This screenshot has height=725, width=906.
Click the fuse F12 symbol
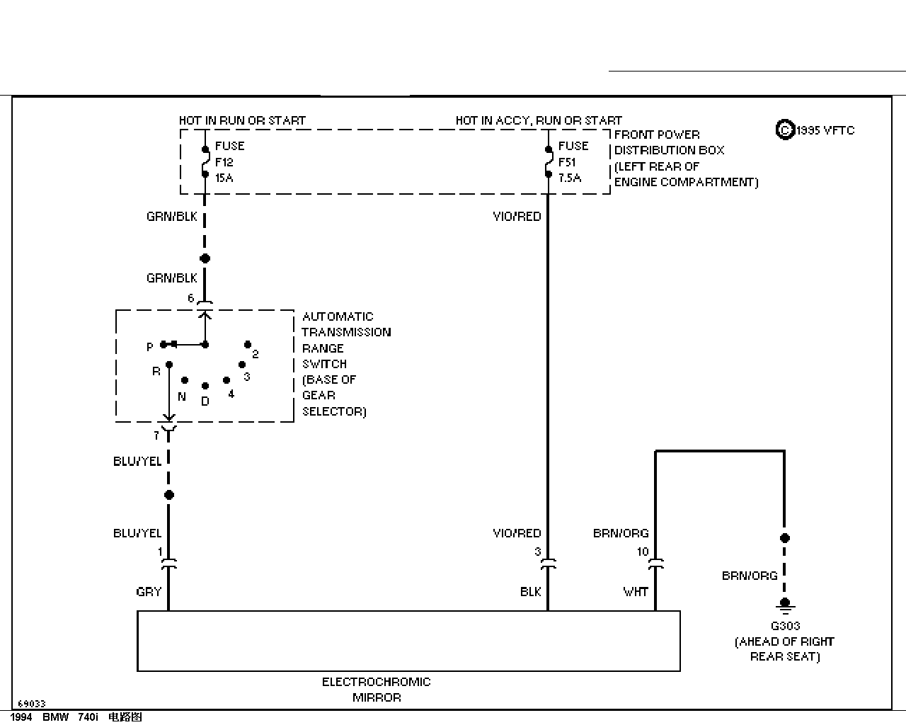[205, 161]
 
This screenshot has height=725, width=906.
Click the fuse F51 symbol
[548, 161]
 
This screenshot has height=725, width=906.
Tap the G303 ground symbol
[785, 605]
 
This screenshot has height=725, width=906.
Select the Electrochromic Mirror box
[408, 640]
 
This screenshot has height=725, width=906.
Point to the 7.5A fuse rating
[570, 178]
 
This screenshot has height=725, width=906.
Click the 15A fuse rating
[224, 178]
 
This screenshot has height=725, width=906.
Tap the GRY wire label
[149, 592]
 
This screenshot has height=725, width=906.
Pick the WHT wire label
[636, 592]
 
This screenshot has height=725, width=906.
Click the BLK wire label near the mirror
[530, 592]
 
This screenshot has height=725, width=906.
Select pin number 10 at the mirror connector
[643, 552]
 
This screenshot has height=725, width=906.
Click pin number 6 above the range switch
[190, 298]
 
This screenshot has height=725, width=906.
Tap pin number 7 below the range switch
[156, 435]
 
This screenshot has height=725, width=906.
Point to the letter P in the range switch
[149, 347]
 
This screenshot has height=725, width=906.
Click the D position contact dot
[205, 386]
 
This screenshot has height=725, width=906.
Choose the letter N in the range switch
[182, 396]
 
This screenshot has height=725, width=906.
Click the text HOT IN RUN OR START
[242, 120]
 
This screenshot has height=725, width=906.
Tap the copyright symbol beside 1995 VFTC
[785, 130]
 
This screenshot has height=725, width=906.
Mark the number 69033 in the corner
[32, 704]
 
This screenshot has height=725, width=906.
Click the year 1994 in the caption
[21, 717]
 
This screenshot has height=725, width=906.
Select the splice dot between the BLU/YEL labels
[169, 495]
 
